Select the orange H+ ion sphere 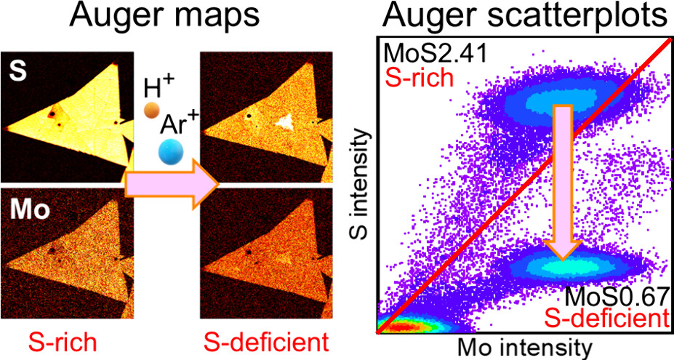click(x=151, y=111)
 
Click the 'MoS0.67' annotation click(x=616, y=297)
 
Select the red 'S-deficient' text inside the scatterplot click(x=611, y=319)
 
